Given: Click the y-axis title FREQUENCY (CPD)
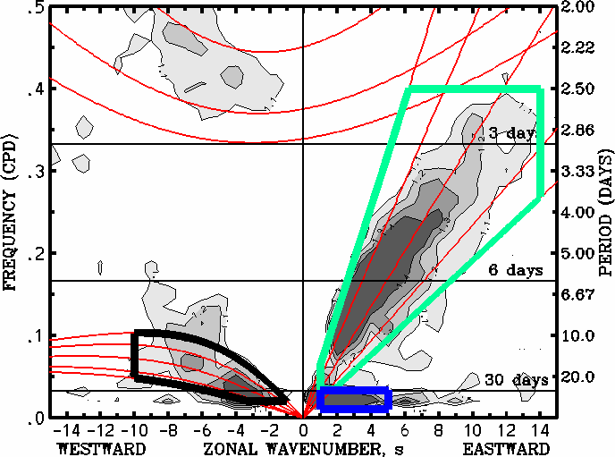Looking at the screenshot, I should pos(13,211).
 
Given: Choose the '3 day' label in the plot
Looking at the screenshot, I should pos(511,133).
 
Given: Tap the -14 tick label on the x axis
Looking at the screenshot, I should pos(64,430).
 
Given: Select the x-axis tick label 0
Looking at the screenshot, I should pos(304,430).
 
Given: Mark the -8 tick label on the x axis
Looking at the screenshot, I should pos(168,430).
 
